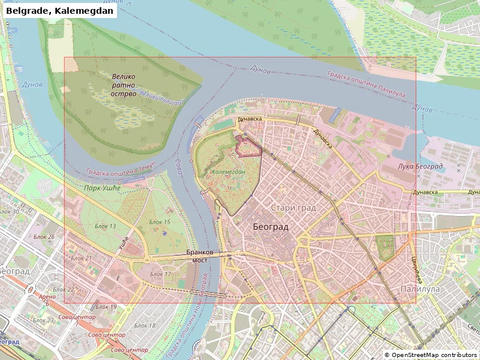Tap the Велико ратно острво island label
(x=123, y=85)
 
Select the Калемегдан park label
(x=229, y=172)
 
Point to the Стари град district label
(x=293, y=208)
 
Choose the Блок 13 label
(x=106, y=226)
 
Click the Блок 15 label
(x=160, y=222)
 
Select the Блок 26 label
(x=44, y=236)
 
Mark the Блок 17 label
(x=160, y=274)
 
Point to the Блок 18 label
(x=145, y=325)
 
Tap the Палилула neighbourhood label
(x=420, y=289)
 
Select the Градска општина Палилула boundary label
(x=366, y=83)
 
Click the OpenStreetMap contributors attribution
(x=431, y=355)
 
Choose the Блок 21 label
(x=81, y=258)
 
